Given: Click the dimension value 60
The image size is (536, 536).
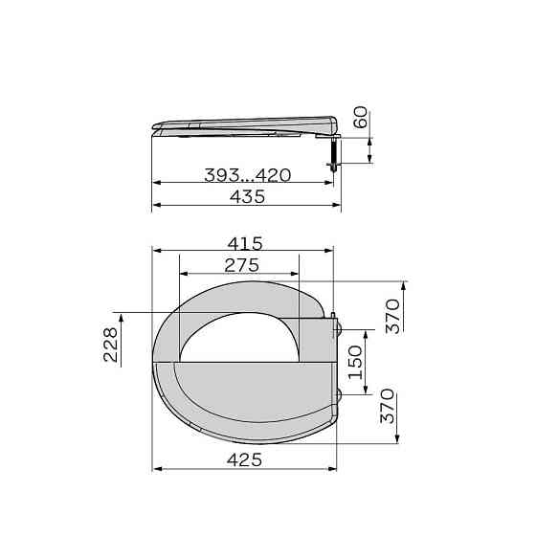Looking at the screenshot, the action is [361, 117].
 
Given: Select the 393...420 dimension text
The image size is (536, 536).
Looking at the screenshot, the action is [248, 175].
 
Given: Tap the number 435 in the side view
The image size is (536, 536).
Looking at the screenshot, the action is [247, 196].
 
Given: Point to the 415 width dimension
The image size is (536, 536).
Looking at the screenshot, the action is [245, 243].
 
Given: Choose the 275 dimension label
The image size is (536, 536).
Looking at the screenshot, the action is [241, 265].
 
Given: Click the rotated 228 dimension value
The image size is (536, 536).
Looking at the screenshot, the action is [110, 345].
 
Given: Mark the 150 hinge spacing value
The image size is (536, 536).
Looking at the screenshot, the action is [355, 363].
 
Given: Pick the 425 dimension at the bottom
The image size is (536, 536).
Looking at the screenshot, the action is [244, 459].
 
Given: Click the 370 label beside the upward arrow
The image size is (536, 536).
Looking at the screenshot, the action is [392, 316].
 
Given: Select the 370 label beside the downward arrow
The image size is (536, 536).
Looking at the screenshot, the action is [388, 406].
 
